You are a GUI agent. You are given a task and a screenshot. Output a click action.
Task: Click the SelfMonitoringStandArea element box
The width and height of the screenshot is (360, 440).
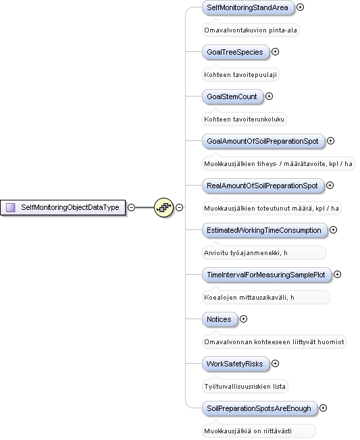point(248,7)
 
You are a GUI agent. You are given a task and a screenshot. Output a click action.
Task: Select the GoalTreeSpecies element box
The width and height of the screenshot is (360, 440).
point(235,52)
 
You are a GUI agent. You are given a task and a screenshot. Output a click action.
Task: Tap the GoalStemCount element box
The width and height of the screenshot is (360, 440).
point(232,97)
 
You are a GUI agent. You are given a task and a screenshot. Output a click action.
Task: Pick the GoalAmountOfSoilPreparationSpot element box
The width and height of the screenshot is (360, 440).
point(263,141)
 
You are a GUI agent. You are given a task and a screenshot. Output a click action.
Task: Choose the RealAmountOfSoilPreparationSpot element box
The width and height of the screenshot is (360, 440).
point(263,186)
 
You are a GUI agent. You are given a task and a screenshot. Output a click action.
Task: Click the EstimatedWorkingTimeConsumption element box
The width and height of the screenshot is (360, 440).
point(265,230)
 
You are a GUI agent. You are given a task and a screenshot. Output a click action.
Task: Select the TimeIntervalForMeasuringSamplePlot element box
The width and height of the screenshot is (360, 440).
point(267,275)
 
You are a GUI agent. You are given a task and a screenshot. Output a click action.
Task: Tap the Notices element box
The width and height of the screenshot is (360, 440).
point(220,319)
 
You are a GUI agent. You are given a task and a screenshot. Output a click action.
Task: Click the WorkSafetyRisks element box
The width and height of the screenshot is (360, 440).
point(235,364)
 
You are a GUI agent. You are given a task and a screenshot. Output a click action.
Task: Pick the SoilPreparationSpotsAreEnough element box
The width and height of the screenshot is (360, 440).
point(259,408)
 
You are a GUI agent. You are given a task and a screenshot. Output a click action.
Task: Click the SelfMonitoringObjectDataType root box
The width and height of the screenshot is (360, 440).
point(63,207)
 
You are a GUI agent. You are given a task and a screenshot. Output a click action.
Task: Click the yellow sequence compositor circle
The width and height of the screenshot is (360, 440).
point(163,207)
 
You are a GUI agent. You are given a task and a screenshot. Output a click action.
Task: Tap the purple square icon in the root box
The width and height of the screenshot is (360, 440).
point(11,207)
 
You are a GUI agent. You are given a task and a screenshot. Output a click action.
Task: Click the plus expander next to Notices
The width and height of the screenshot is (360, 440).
point(243,319)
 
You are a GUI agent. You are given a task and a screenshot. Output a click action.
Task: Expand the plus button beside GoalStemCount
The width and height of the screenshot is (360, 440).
point(269,97)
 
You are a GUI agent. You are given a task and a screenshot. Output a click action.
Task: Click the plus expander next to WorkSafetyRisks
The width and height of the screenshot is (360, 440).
point(275,363)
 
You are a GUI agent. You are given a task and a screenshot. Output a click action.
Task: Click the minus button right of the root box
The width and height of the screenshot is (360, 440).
point(131,207)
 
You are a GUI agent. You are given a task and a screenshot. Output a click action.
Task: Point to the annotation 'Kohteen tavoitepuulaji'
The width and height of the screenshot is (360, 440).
point(240,75)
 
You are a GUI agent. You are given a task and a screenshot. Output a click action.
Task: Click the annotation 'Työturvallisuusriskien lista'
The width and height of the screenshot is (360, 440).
point(245,387)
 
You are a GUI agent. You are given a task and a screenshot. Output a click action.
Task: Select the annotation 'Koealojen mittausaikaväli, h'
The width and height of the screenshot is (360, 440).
point(249,297)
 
